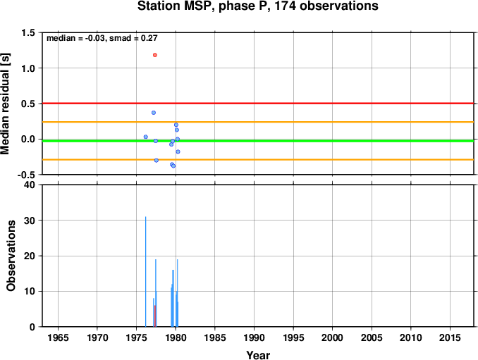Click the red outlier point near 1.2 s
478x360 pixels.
[x=155, y=55]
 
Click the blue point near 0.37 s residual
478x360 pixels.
[x=154, y=113]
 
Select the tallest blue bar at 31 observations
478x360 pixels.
[x=146, y=272]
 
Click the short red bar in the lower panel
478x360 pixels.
[x=155, y=316]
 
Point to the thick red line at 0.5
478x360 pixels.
[x=258, y=104]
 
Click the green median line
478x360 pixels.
[x=258, y=141]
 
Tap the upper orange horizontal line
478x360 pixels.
[x=258, y=122]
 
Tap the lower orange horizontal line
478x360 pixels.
[x=258, y=160]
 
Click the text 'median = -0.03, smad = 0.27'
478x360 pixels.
[x=102, y=38]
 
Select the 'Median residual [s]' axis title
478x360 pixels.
[x=5, y=104]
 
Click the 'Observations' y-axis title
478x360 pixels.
[x=11, y=256]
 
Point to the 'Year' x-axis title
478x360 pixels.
[x=258, y=355]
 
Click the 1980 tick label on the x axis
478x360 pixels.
[x=176, y=337]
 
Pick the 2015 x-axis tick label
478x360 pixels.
[x=450, y=337]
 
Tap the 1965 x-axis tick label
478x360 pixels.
[x=58, y=337]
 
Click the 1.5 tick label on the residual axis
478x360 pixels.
[x=28, y=32]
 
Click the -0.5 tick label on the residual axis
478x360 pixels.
[x=26, y=175]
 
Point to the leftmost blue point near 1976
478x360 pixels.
[x=146, y=137]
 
